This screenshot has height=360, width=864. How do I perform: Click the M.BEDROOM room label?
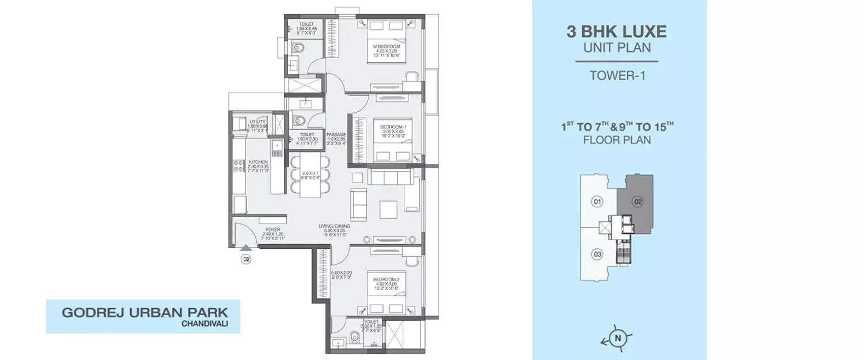click(382, 47)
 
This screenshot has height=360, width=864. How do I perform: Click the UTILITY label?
click(257, 122)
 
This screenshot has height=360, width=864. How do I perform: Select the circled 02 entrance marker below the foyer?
click(246, 260)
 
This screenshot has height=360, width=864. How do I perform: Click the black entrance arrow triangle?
click(246, 249)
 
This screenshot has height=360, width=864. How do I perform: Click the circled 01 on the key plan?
click(597, 202)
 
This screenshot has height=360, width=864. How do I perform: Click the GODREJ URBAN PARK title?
click(145, 313)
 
